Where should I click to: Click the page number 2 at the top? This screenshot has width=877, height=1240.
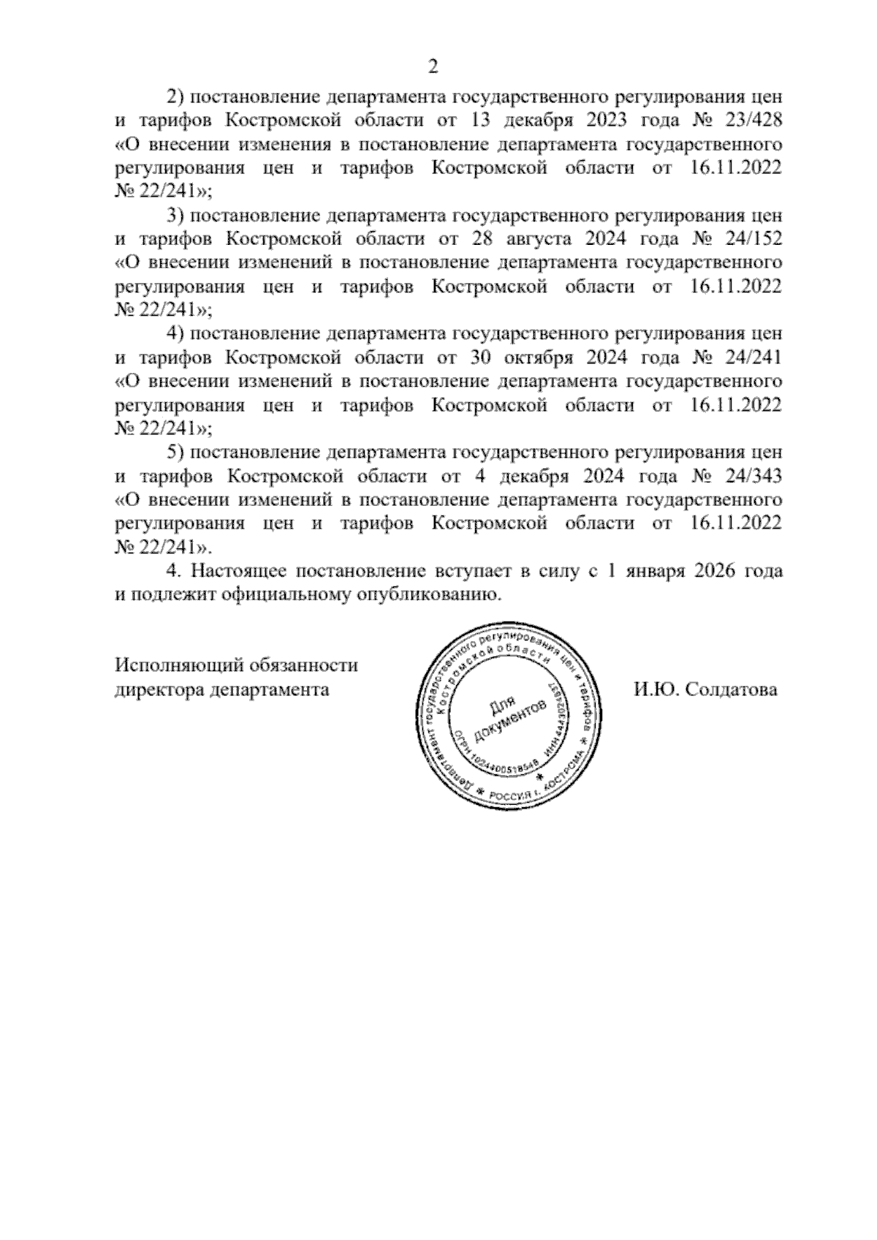tap(433, 67)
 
